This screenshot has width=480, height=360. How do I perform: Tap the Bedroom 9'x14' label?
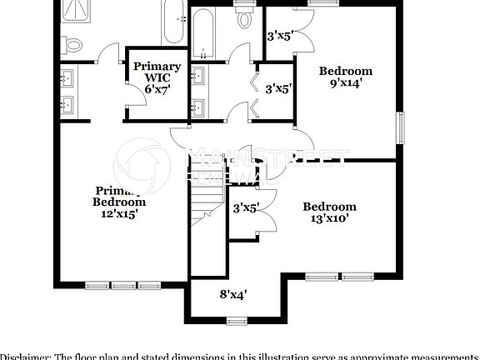pyautogui.click(x=346, y=77)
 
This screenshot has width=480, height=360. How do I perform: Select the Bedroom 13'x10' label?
pyautogui.click(x=329, y=212)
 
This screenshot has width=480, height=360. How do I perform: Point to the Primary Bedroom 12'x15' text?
pyautogui.click(x=119, y=202)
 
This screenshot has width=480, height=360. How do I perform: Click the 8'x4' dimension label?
pyautogui.click(x=232, y=294)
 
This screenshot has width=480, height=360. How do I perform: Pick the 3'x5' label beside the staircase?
pyautogui.click(x=246, y=207)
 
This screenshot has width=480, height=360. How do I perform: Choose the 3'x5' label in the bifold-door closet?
pyautogui.click(x=278, y=87)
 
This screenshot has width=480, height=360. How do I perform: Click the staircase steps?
pyautogui.click(x=205, y=204)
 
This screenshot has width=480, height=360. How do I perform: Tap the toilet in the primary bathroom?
pyautogui.click(x=73, y=44)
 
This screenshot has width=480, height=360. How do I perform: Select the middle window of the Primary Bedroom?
pyautogui.click(x=123, y=284)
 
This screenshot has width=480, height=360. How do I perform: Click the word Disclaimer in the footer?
pyautogui.click(x=25, y=356)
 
